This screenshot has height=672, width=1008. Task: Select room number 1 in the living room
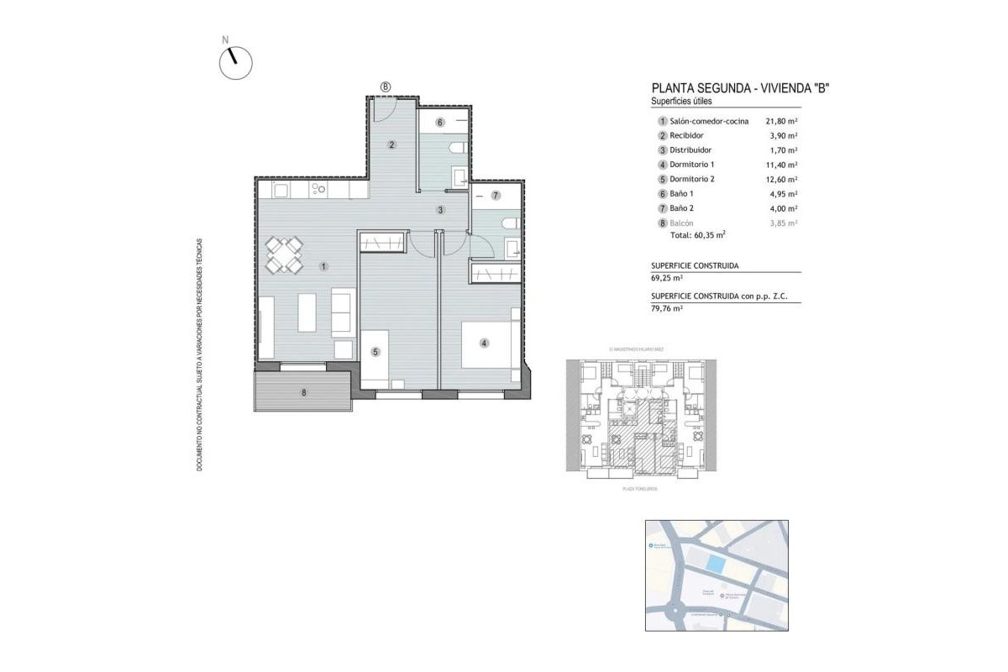click(x=323, y=266)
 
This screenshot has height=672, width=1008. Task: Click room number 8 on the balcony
click(x=304, y=391)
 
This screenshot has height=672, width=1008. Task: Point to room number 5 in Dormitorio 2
click(x=376, y=352)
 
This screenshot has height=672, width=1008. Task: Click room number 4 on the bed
click(x=484, y=342)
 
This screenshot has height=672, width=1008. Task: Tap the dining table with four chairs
click(x=284, y=255)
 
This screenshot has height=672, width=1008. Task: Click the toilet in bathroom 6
click(x=456, y=149)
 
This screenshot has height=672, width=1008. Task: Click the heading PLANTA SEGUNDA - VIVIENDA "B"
click(x=740, y=88)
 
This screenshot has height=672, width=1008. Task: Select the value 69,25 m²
click(x=667, y=277)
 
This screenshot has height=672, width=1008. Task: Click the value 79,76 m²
click(x=667, y=308)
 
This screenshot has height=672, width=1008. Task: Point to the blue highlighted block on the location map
click(x=714, y=564)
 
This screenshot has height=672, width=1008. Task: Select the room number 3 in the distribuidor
click(x=439, y=209)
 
